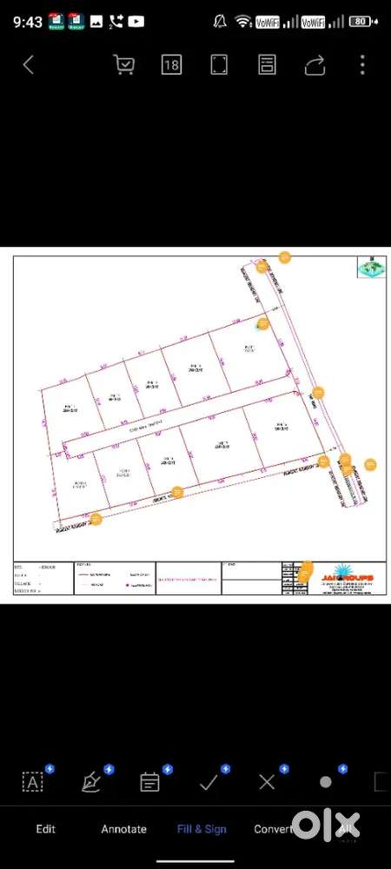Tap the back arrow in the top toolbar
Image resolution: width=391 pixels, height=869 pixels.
29,65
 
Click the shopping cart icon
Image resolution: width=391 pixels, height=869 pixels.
124,65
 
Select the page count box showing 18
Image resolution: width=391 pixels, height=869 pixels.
171,65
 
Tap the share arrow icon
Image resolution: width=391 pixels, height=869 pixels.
315,65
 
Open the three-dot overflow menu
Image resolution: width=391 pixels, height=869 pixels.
362,65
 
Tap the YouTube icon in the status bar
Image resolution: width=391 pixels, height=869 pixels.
136,21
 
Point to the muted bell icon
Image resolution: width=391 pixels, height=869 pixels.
221,21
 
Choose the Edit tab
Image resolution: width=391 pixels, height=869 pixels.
45,829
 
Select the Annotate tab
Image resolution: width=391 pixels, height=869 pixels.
124,829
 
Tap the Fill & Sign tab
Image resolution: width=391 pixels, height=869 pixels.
202,829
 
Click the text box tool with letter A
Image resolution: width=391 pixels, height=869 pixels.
33,781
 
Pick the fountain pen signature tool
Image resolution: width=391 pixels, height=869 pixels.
91,781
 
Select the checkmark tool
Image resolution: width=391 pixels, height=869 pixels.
209,781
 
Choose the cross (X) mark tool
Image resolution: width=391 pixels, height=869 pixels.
267,781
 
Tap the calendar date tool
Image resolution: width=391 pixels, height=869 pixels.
149,781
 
